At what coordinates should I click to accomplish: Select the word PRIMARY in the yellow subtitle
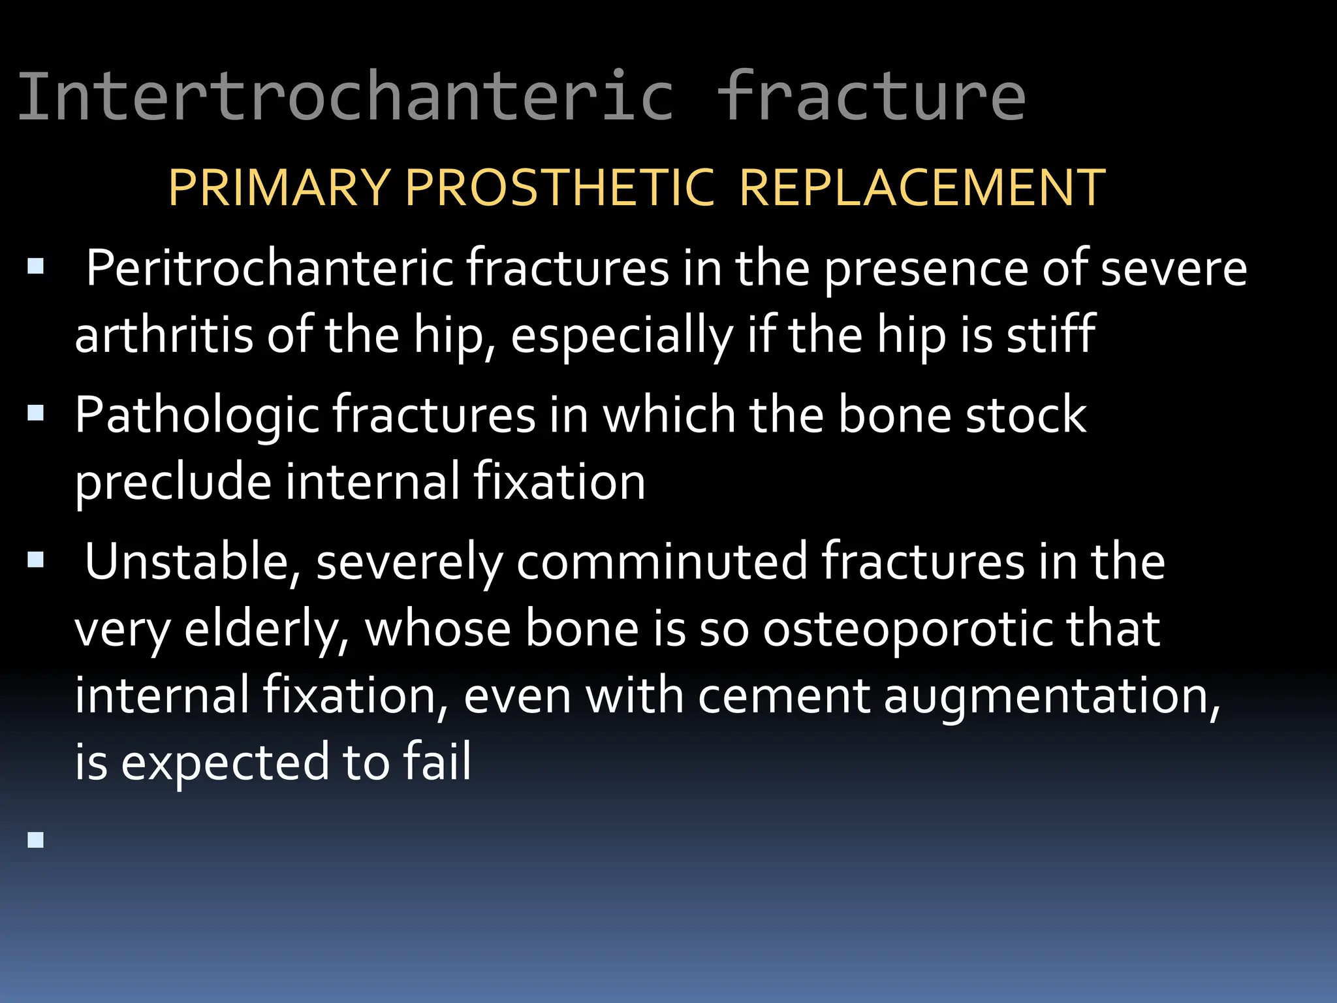pos(279,188)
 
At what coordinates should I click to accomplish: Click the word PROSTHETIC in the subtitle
pos(560,188)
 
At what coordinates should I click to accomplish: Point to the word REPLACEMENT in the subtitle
pos(922,188)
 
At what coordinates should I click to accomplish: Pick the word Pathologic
pos(196,415)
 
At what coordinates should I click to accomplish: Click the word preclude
pos(173,482)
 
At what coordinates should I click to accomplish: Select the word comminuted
pos(661,562)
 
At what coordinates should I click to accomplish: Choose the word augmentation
pos(1051,696)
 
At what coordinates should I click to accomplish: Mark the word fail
pos(437,761)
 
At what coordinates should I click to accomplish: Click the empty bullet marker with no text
pos(36,840)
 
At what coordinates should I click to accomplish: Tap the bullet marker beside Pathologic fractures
pos(36,413)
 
